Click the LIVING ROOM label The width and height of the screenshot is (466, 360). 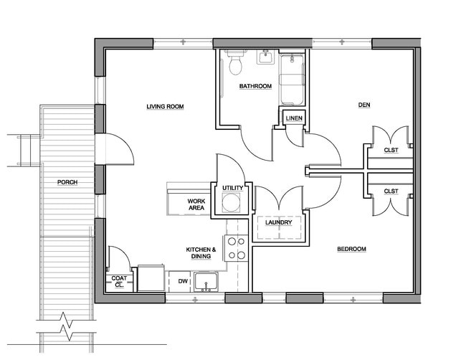tap(165, 107)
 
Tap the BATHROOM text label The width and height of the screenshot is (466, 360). tap(255, 87)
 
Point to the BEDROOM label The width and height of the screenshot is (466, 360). tap(351, 250)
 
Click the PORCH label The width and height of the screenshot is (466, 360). tap(67, 182)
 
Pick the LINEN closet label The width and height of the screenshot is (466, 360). tap(293, 118)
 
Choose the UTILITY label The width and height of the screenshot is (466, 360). tap(233, 188)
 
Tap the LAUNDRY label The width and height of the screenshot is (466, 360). tap(277, 222)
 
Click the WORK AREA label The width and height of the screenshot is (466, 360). tap(196, 204)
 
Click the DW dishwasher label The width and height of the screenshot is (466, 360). tap(183, 281)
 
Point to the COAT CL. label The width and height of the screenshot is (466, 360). tap(118, 281)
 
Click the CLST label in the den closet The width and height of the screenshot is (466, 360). tap(391, 150)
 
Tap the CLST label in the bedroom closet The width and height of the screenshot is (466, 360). tap(391, 191)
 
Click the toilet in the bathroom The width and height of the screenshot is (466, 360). tap(235, 65)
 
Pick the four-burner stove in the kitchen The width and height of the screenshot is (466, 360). tap(237, 248)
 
